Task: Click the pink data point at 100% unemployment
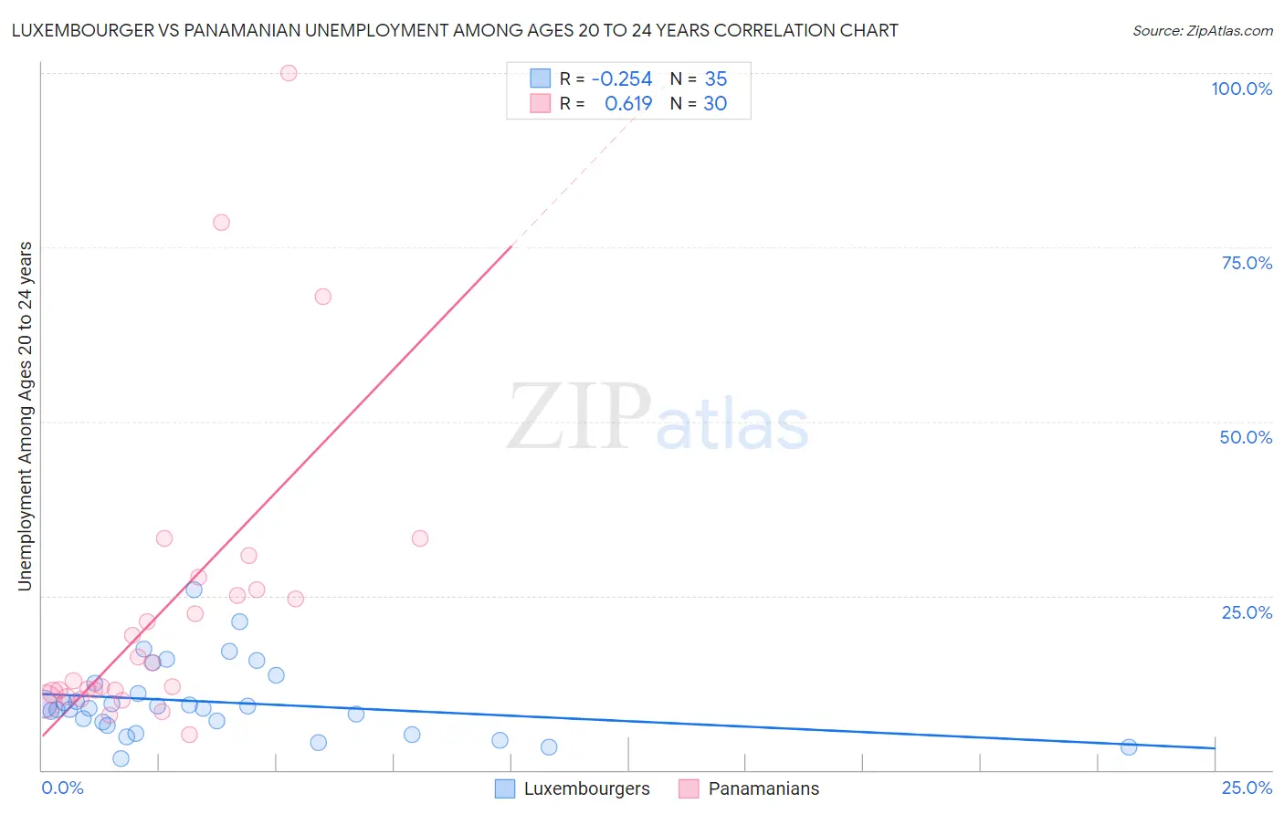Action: point(289,73)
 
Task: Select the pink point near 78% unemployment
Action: point(221,223)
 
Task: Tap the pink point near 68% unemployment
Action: point(322,297)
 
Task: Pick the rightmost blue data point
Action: point(1129,747)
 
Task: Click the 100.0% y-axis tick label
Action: point(1241,89)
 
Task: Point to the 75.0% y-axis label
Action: point(1247,263)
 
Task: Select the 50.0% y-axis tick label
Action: point(1246,437)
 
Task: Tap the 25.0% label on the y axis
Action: point(1247,611)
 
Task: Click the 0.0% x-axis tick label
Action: point(63,788)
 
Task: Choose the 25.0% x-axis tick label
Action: point(1247,788)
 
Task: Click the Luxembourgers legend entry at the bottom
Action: point(573,788)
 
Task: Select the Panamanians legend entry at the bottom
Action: point(750,788)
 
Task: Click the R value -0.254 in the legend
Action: point(622,78)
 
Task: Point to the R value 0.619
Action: point(628,103)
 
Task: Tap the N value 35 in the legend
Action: point(716,78)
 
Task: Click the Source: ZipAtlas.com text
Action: point(1202,30)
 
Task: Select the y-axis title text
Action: point(25,416)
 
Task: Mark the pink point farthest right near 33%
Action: point(420,538)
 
